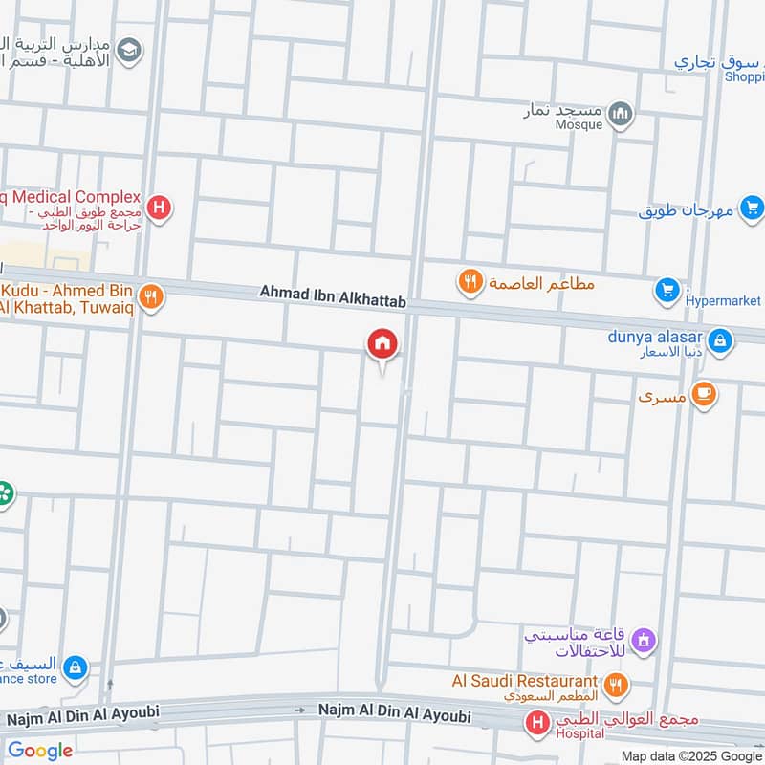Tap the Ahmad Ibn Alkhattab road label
point(333,300)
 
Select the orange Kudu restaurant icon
point(149,296)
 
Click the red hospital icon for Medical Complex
point(159,207)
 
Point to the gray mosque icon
point(622,115)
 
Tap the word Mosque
point(580,125)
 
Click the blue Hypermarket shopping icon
point(667,290)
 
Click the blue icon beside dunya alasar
point(720,339)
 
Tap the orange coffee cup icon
point(704,394)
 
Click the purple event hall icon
point(644,638)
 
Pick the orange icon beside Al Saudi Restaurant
point(617,685)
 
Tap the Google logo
point(40,751)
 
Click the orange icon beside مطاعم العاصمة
point(469,281)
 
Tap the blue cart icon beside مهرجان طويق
point(752,206)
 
